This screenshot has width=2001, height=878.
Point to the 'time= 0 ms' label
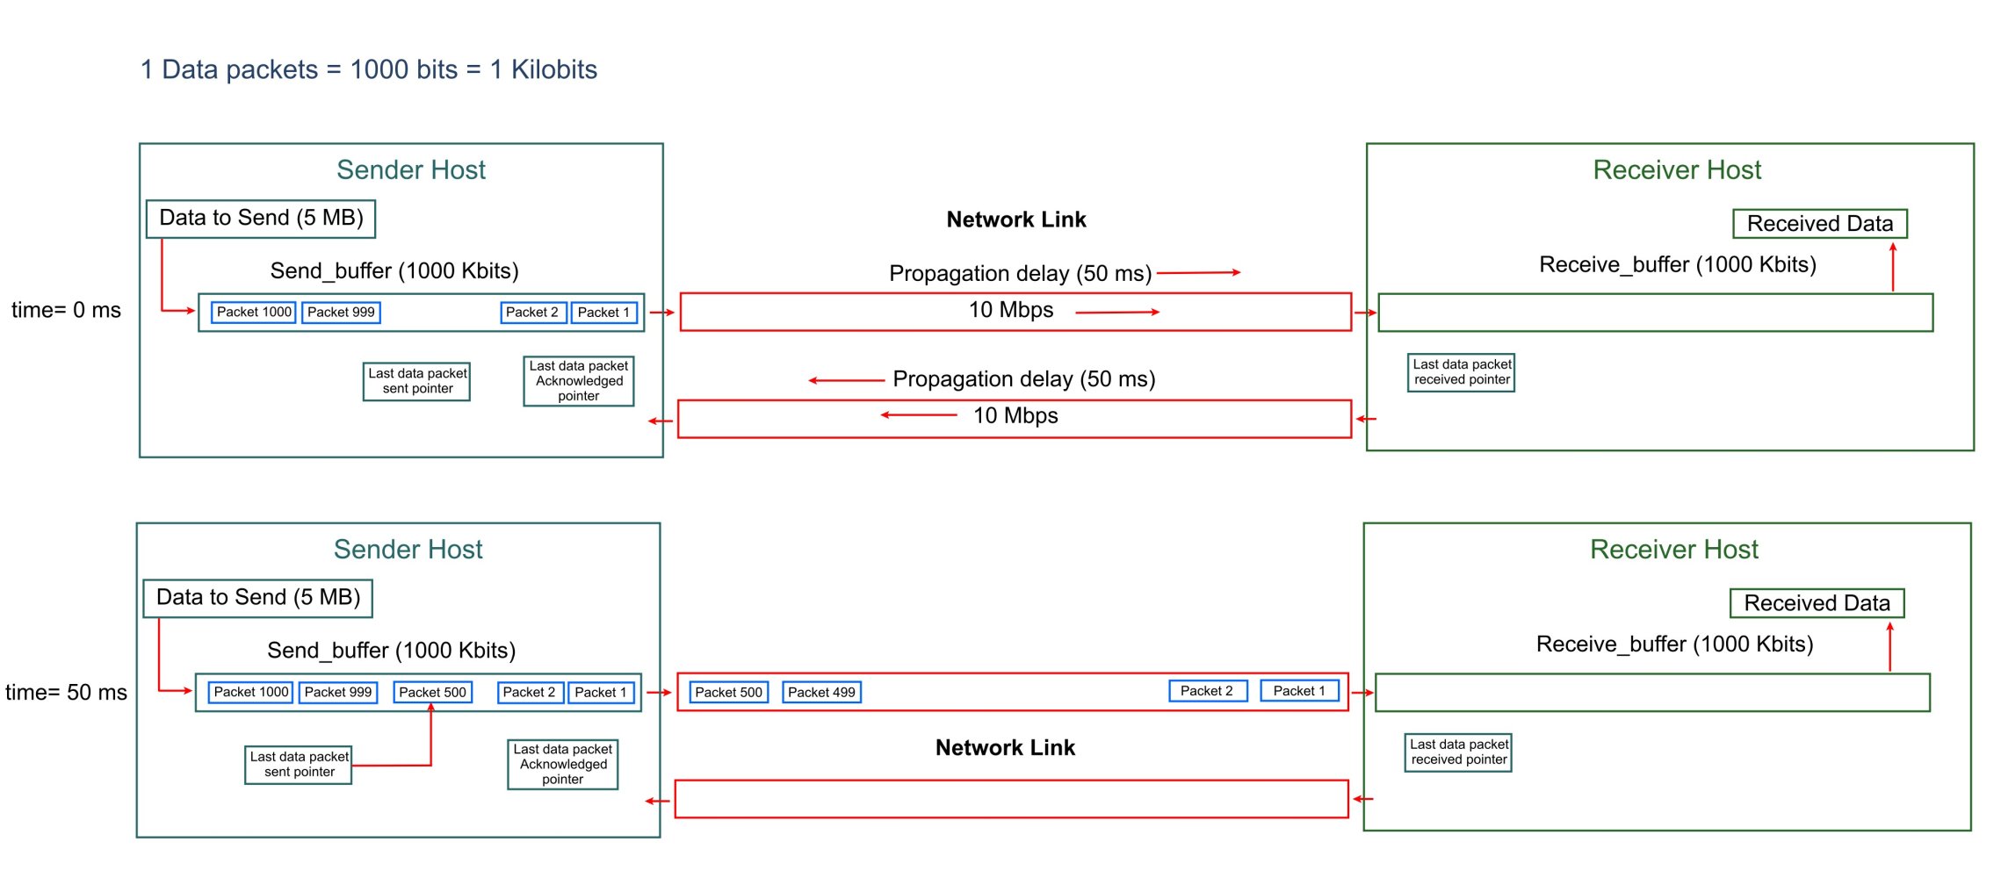tap(66, 310)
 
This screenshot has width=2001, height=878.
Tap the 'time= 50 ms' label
tap(66, 692)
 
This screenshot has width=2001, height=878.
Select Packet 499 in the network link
tap(821, 692)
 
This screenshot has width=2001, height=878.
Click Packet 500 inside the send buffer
tap(432, 692)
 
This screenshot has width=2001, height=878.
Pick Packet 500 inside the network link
tap(728, 692)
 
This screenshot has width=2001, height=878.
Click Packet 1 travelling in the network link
tap(1299, 690)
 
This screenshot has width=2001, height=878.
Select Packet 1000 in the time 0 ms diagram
tap(254, 312)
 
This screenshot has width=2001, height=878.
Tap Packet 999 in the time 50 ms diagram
tap(338, 692)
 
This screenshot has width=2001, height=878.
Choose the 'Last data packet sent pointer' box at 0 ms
tap(417, 381)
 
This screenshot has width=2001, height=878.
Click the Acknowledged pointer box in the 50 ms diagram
tap(563, 764)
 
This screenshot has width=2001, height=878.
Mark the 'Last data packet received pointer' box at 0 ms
tap(1462, 372)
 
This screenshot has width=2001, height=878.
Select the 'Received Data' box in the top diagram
tap(1820, 223)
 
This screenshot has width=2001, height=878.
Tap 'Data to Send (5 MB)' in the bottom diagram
tap(258, 598)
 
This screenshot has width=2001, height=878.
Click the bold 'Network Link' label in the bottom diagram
tap(1005, 747)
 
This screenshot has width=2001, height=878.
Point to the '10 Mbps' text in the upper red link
tap(1011, 310)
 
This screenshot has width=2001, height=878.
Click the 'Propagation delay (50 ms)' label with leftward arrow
tap(1024, 378)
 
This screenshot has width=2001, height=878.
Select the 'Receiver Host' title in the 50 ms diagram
tap(1674, 549)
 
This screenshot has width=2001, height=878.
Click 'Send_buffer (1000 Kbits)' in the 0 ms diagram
tap(394, 270)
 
